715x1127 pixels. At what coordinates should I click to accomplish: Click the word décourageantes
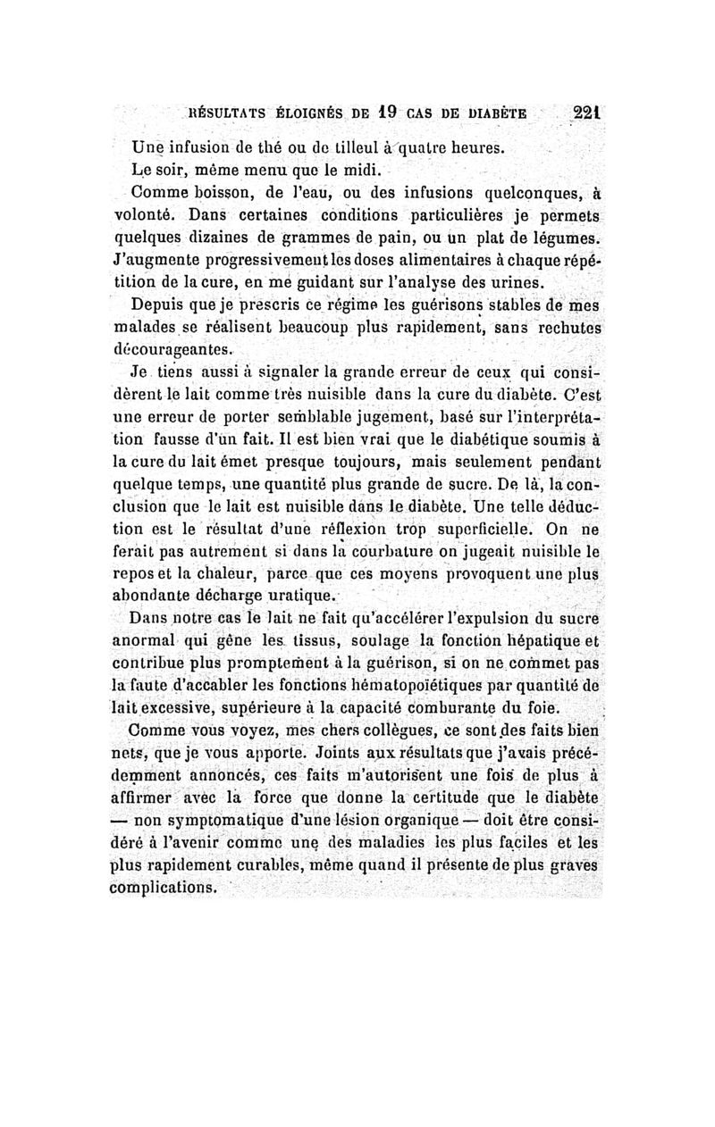pos(176,353)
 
